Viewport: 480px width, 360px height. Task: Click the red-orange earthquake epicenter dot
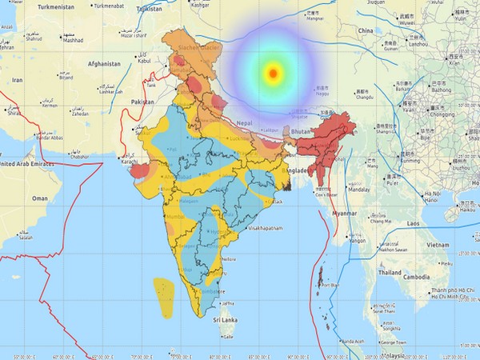[274, 74]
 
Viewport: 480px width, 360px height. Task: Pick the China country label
[366, 30]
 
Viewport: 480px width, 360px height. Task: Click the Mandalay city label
[359, 190]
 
